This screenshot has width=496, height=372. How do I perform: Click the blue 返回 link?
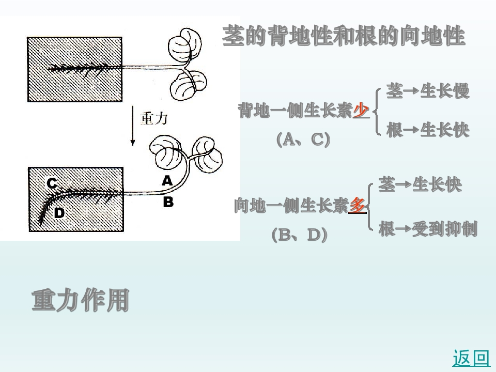point(471,358)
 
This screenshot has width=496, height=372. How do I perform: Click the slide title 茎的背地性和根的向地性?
point(344,36)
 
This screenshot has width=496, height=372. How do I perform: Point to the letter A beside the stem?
point(167,180)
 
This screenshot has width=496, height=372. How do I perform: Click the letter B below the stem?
point(168,202)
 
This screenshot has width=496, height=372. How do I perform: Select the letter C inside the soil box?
point(52,183)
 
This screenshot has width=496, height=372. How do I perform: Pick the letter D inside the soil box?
point(59,212)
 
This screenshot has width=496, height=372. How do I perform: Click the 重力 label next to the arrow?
point(154,119)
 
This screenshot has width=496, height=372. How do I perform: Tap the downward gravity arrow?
point(133,126)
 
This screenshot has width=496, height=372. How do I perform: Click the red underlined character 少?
point(361,111)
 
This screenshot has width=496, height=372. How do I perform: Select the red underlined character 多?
point(358,206)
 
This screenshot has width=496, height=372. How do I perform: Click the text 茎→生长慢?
point(428,91)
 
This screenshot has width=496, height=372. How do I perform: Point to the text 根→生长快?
point(428,130)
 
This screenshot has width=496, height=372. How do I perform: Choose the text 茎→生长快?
point(421,184)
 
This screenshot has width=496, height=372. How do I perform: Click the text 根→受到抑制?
point(428,229)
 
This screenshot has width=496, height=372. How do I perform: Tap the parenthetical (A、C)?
point(303,139)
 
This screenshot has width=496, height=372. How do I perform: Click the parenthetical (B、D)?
point(300,235)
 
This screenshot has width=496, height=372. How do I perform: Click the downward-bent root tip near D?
point(41,221)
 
